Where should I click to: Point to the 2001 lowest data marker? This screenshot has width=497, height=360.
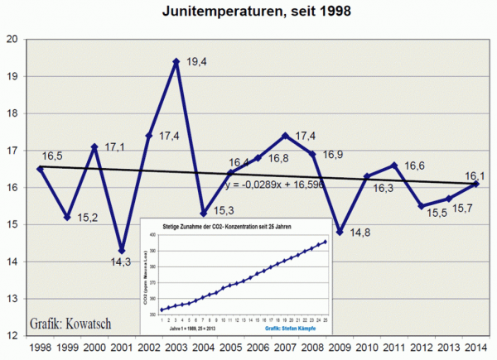pyautogui.click(x=121, y=251)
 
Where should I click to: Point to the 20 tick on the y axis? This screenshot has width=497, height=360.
pyautogui.click(x=14, y=39)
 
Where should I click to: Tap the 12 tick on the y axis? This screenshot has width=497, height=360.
pyautogui.click(x=14, y=336)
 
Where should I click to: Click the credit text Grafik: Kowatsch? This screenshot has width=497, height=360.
pyautogui.click(x=72, y=321)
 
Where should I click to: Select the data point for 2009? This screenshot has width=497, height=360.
pyautogui.click(x=340, y=232)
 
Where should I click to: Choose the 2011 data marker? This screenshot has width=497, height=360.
pyautogui.click(x=394, y=166)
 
